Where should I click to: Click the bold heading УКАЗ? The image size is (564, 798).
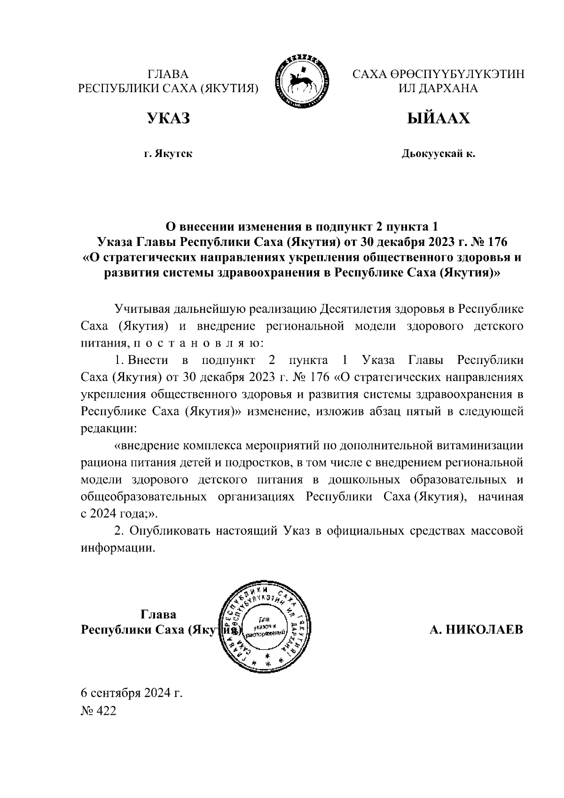click(169, 118)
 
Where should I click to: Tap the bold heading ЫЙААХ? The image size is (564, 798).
click(438, 118)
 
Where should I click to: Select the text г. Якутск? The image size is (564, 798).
click(168, 154)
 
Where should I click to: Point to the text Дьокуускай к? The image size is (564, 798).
click(438, 154)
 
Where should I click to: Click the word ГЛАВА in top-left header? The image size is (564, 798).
click(168, 74)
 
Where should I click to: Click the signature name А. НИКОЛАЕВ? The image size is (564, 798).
click(476, 630)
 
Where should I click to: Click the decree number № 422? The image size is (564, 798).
click(98, 711)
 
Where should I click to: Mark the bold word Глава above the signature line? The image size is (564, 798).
click(158, 614)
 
